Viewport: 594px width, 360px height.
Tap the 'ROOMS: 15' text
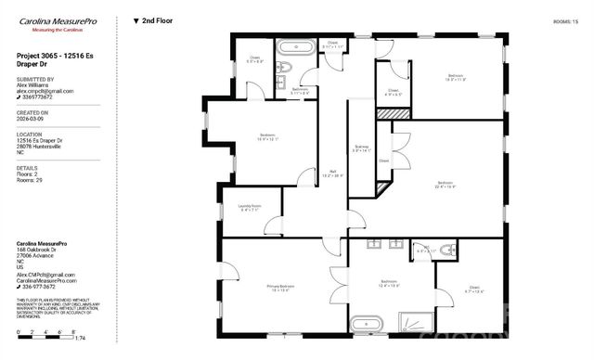click(565, 19)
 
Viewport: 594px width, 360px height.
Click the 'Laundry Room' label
click(251, 208)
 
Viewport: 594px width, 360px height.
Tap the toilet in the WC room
click(447, 251)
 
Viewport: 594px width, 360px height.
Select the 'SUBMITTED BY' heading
click(36, 80)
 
